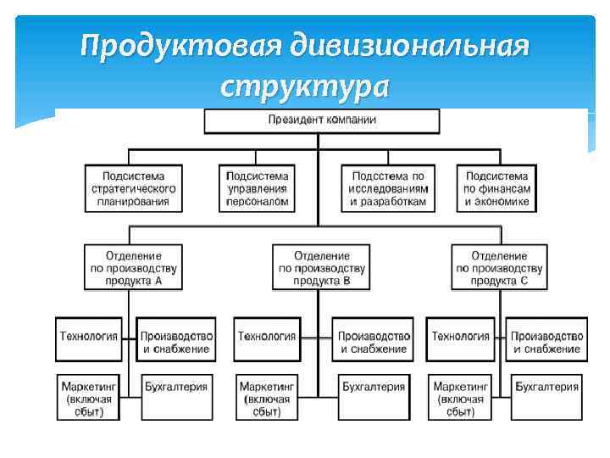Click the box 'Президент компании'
[x=322, y=120]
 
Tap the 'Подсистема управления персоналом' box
[x=258, y=187]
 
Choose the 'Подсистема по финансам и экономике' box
[x=496, y=187]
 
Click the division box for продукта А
[x=134, y=267]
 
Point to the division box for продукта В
[x=322, y=267]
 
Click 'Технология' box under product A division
[x=88, y=337]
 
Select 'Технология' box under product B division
[x=268, y=337]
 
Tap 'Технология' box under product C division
[x=461, y=337]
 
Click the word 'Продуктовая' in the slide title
[x=178, y=45]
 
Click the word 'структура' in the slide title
[x=305, y=85]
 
